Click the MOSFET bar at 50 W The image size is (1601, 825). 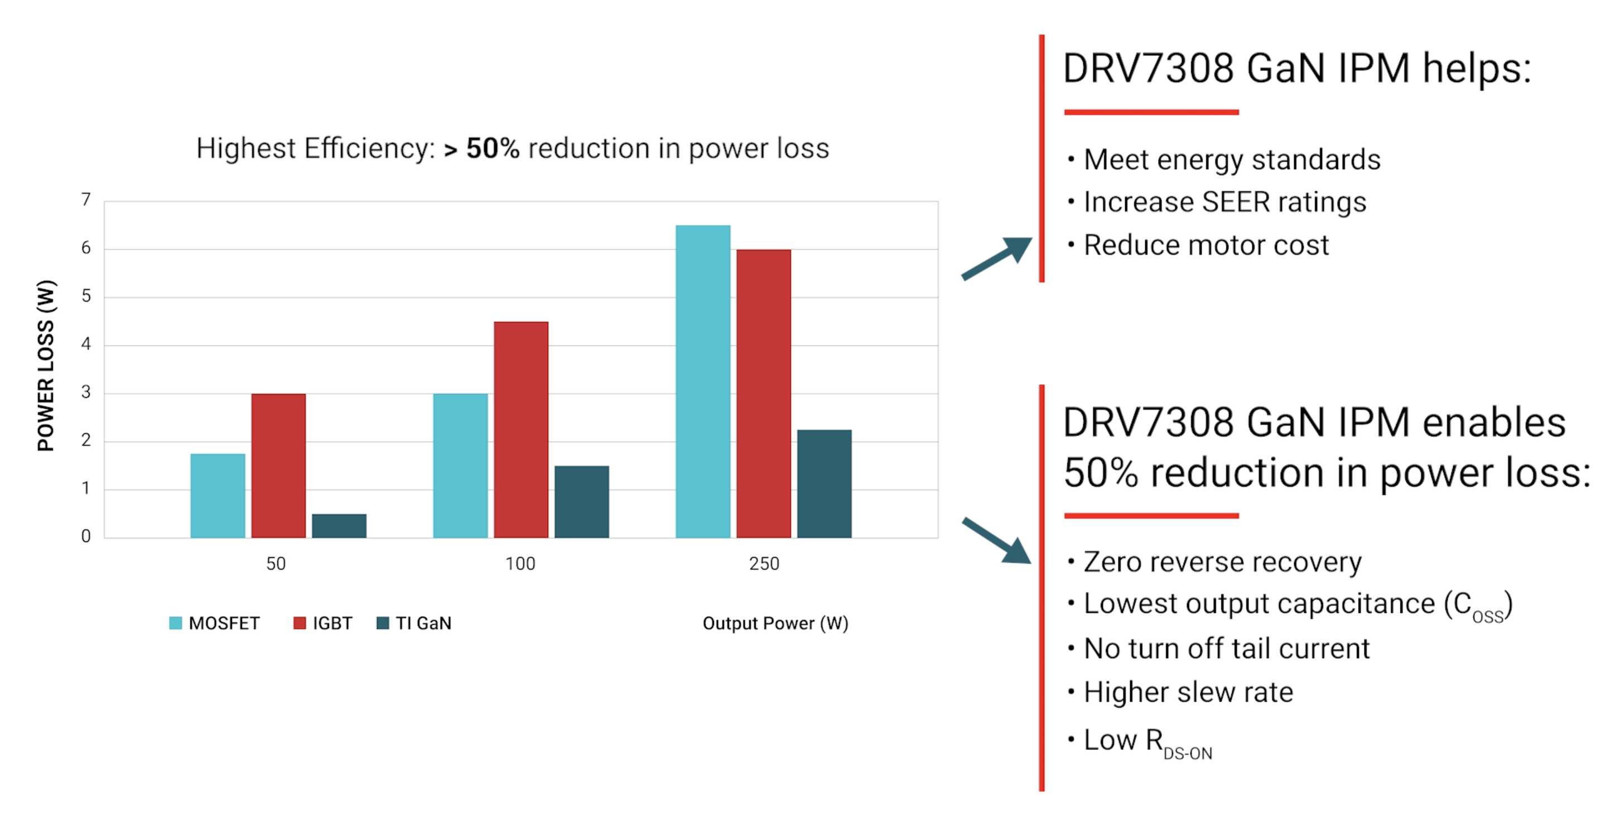pyautogui.click(x=218, y=496)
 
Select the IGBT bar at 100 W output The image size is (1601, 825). pyautogui.click(x=521, y=429)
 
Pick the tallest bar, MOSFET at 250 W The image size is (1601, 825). pyautogui.click(x=703, y=381)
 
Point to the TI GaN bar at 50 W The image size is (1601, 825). pyautogui.click(x=339, y=525)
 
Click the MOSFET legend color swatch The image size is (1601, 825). pyautogui.click(x=175, y=623)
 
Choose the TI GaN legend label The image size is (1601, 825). pyautogui.click(x=423, y=623)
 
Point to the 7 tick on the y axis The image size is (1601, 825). pyautogui.click(x=86, y=200)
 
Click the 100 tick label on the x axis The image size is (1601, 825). pyautogui.click(x=520, y=564)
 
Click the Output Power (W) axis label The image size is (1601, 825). pyautogui.click(x=775, y=623)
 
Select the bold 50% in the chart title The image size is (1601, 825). pyautogui.click(x=492, y=148)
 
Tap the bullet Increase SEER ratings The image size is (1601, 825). pyautogui.click(x=1224, y=202)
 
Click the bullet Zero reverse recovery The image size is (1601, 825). pyautogui.click(x=1222, y=562)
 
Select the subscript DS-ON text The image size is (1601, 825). pyautogui.click(x=1188, y=754)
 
